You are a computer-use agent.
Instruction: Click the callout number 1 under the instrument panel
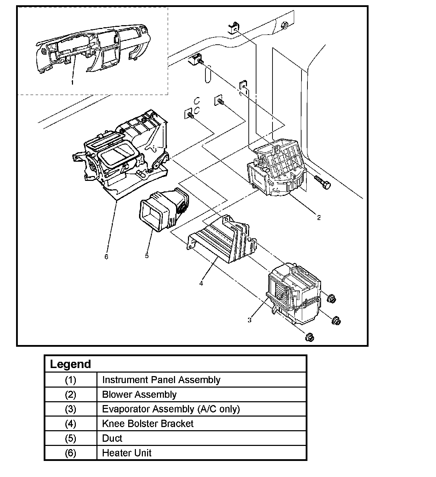click(72, 82)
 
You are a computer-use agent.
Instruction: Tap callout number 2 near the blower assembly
click(319, 218)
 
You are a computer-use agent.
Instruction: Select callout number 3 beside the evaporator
click(249, 320)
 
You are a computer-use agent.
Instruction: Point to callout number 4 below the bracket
click(201, 283)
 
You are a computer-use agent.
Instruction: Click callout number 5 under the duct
click(147, 256)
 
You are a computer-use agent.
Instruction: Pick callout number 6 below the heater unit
click(106, 257)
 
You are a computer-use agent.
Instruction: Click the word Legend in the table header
click(70, 364)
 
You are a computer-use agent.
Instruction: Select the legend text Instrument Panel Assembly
click(161, 380)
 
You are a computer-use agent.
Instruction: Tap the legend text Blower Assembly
click(139, 394)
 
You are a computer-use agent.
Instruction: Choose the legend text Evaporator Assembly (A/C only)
click(171, 409)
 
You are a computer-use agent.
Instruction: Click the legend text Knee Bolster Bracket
click(147, 424)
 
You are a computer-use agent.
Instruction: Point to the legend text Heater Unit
click(126, 453)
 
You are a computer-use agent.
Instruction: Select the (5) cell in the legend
click(71, 438)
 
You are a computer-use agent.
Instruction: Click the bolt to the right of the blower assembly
click(322, 182)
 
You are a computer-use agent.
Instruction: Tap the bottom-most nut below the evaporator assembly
click(310, 337)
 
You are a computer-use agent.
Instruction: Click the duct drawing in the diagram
click(162, 210)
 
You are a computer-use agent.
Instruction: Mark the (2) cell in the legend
click(71, 394)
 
